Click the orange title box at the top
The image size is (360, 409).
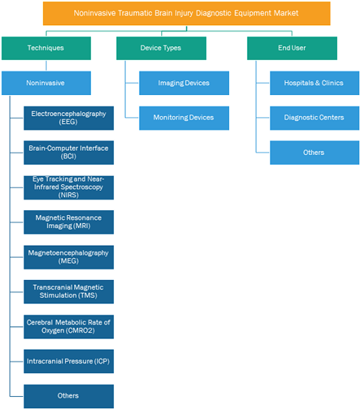tap(186, 14)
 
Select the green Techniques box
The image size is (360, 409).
tap(46, 48)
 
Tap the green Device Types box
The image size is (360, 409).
tap(161, 48)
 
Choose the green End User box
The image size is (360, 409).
tap(292, 48)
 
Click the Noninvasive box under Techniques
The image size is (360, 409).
tap(46, 83)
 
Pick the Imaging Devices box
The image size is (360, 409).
tap(184, 83)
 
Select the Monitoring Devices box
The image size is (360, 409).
tap(184, 118)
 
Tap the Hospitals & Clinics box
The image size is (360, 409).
tap(315, 83)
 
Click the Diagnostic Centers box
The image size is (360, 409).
tap(315, 118)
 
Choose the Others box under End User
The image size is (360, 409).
tap(315, 153)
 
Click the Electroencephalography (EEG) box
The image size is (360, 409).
tap(68, 118)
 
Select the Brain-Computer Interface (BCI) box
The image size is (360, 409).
tap(68, 153)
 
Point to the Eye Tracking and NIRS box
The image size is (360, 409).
tap(68, 187)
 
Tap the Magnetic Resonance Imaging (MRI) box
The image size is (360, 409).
tap(68, 223)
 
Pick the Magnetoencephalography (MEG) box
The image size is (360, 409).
tap(68, 257)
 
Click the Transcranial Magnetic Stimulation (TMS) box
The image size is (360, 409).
tap(68, 292)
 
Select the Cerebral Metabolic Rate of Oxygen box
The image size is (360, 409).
tap(68, 327)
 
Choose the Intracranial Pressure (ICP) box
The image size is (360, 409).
tap(68, 361)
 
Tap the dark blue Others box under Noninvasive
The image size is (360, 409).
tap(68, 396)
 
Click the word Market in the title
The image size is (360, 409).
tap(286, 13)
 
